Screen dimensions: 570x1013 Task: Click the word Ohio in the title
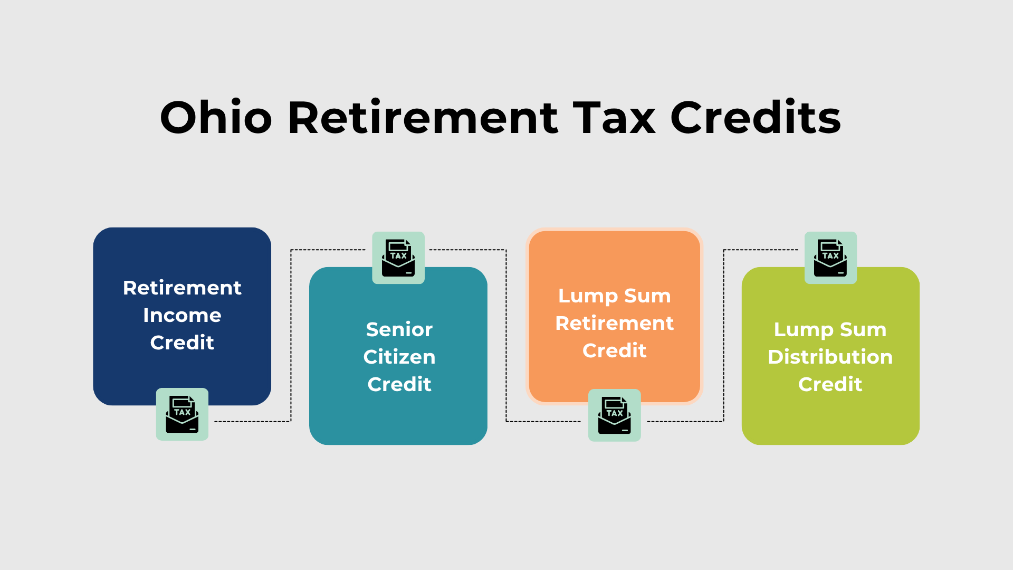coord(216,117)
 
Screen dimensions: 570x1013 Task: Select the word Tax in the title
coord(614,117)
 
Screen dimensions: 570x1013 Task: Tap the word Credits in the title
coord(756,117)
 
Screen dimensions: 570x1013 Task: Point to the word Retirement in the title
coord(423,117)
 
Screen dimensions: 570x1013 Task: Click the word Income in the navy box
coord(182,315)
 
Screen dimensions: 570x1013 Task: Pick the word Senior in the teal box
coord(399,329)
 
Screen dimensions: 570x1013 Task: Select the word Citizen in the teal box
coord(399,357)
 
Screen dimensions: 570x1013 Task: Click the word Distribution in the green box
coord(830,357)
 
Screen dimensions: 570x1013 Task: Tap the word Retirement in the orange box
coord(614,323)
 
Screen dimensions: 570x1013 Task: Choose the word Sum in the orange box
coord(647,296)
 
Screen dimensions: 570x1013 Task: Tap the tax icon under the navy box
coord(182,414)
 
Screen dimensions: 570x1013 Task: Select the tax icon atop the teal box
coord(398,258)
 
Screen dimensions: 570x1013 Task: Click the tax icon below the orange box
coord(614,415)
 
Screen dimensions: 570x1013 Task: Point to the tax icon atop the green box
coord(830,258)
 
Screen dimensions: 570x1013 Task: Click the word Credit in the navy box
coord(182,343)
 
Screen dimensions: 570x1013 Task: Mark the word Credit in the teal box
coord(399,384)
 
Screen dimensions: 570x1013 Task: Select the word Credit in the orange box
coord(614,350)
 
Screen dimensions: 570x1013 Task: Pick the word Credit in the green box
coord(830,384)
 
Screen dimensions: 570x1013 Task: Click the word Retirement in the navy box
coord(182,288)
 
